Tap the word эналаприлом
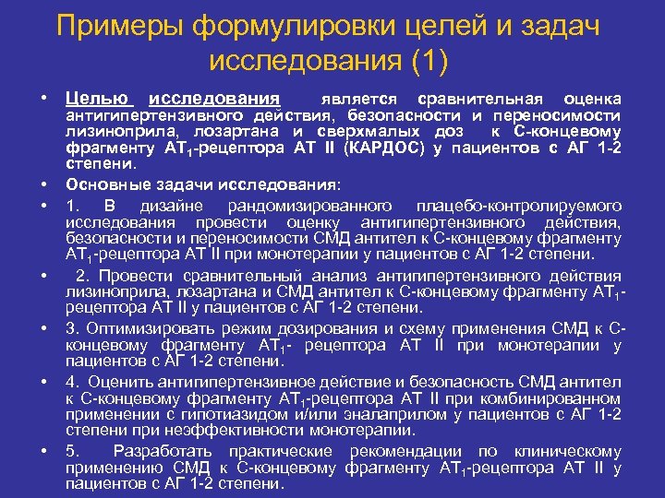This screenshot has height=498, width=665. point(357,415)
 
